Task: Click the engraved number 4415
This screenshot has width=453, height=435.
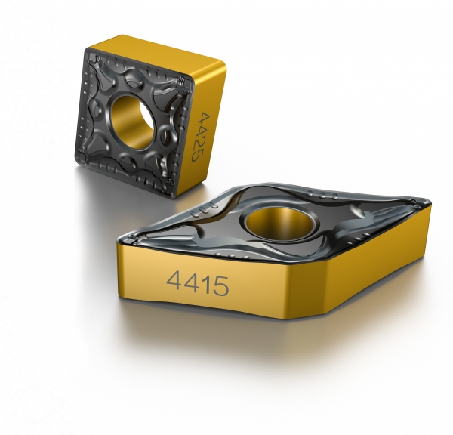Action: tap(197, 285)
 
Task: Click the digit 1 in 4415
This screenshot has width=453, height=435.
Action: tap(205, 285)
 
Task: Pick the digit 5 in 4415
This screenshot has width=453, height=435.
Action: tap(220, 285)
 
